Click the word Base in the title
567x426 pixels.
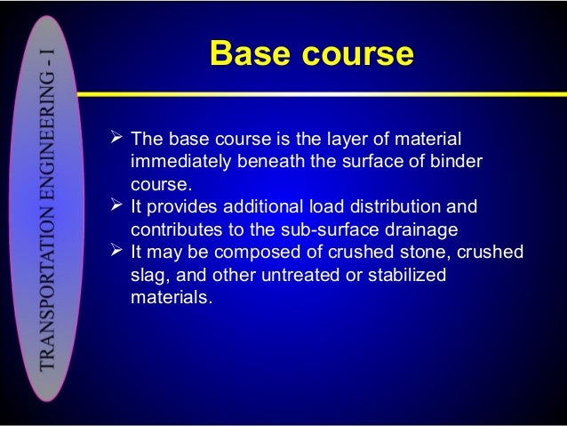pos(252,54)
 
